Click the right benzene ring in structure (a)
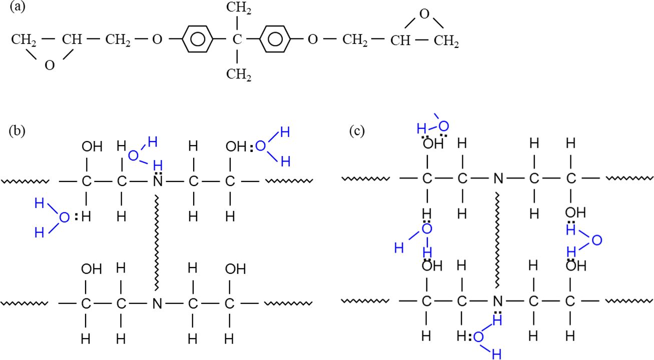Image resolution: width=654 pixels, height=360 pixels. pyautogui.click(x=275, y=39)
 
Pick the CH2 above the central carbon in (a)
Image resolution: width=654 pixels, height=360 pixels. pyautogui.click(x=238, y=8)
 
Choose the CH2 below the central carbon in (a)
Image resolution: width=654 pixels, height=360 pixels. pyautogui.click(x=238, y=75)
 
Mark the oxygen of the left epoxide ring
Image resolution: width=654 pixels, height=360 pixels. pyautogui.click(x=49, y=65)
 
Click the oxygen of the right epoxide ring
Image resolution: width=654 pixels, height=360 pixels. pyautogui.click(x=424, y=13)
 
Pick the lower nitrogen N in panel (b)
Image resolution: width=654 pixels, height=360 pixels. pyautogui.click(x=157, y=303)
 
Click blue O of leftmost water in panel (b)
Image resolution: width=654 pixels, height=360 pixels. pyautogui.click(x=64, y=217)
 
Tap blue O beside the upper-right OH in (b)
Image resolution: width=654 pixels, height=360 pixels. pyautogui.click(x=260, y=146)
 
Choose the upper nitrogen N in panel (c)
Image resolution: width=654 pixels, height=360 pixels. pyautogui.click(x=497, y=178)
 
